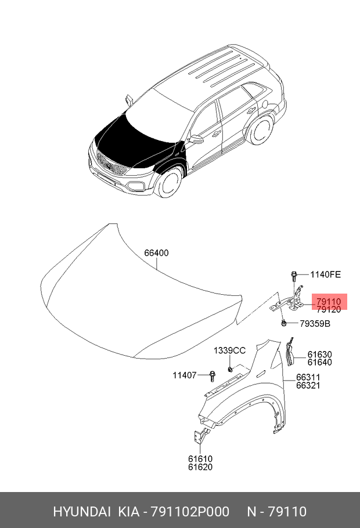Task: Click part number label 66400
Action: [x=156, y=252]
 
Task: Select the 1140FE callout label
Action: [x=325, y=274]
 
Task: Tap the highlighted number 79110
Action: [x=329, y=301]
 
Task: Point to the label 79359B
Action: [x=315, y=324]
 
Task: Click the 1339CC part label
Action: [x=229, y=350]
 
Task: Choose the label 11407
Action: [x=185, y=375]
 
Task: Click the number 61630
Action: [x=319, y=355]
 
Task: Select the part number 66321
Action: [x=308, y=385]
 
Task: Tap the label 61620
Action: [x=200, y=466]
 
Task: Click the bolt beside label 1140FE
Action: [x=294, y=276]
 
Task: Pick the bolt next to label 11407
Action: [x=212, y=376]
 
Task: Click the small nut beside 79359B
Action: [x=283, y=323]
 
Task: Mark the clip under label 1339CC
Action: [x=229, y=369]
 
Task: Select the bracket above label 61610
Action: [x=200, y=436]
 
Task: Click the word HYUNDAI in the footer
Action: [x=81, y=512]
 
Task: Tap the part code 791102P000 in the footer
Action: [x=190, y=512]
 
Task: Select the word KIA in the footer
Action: [x=128, y=512]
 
